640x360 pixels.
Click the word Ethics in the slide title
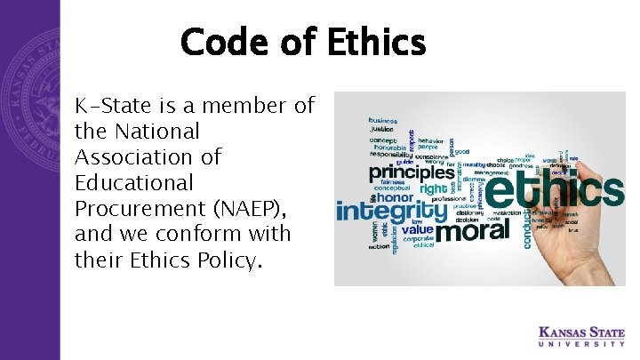click(x=364, y=42)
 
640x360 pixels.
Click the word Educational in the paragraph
click(x=133, y=184)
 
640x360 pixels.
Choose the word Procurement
click(x=142, y=210)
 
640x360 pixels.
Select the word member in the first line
click(x=246, y=107)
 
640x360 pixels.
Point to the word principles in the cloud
click(x=412, y=172)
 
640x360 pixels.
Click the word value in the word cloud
click(x=417, y=229)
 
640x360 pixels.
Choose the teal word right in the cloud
click(x=433, y=189)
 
